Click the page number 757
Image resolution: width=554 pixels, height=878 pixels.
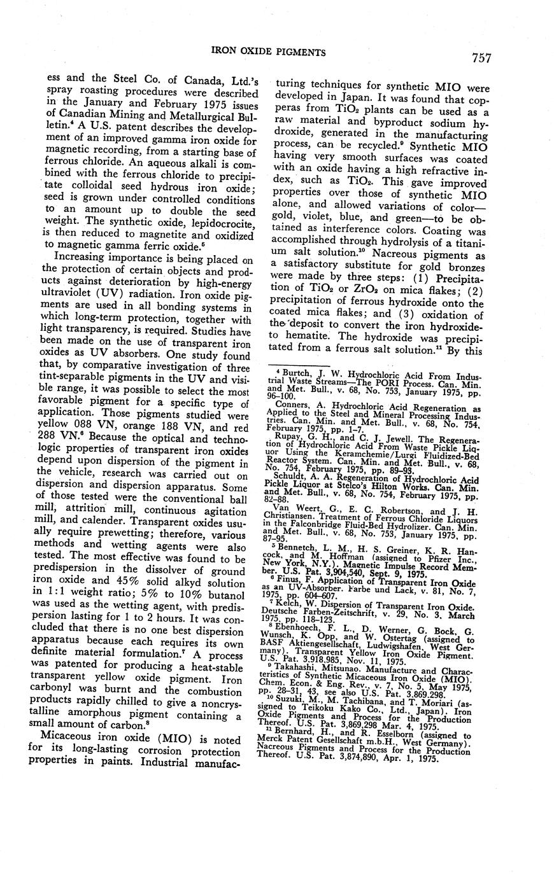click(481, 58)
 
